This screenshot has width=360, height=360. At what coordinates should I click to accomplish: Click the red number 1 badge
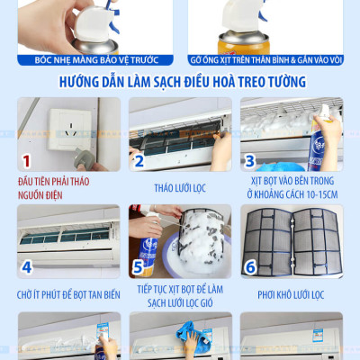coord(27,161)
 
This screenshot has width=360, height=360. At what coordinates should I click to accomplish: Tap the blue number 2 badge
coord(139,161)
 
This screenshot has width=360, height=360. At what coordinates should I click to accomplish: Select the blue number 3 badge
coord(251,161)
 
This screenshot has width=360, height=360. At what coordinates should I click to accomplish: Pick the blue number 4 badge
coord(27,267)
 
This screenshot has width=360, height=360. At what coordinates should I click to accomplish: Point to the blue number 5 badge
coord(139,267)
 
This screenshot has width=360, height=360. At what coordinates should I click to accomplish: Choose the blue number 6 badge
coord(251,267)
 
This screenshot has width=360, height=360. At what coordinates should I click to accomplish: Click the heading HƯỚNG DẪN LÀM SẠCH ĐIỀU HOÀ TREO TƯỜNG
coord(180,82)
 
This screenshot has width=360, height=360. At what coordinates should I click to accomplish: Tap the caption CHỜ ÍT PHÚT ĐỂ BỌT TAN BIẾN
coord(68,294)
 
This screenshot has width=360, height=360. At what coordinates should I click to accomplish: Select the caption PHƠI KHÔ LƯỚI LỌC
coord(290,293)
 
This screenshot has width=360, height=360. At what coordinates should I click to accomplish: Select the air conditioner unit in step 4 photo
coord(68,236)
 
